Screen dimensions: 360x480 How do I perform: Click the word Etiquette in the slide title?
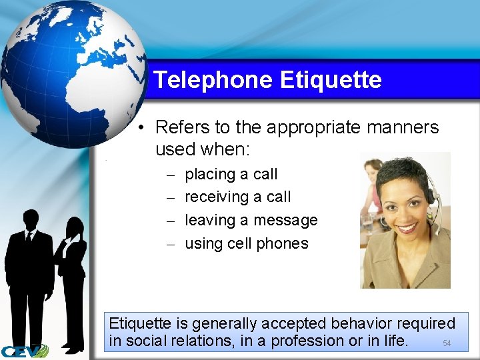[331, 81]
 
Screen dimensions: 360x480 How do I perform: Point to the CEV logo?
[24, 351]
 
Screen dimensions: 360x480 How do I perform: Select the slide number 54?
[447, 343]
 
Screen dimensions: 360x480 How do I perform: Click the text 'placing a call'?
[231, 175]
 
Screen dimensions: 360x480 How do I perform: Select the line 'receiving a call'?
[237, 197]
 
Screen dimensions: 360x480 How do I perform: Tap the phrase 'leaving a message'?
[251, 220]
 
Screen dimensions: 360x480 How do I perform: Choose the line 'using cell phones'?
[246, 243]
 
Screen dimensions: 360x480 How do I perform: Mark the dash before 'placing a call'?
[171, 175]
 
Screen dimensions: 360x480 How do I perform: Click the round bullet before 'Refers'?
[143, 127]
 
